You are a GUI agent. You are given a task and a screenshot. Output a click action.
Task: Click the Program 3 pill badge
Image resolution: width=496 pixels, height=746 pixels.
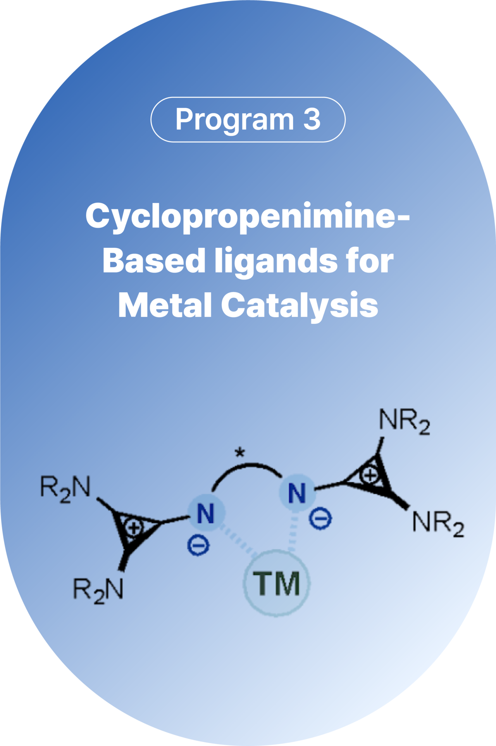[248, 119]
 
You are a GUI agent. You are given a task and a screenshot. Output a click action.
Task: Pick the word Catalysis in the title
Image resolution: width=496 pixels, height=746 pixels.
[299, 306]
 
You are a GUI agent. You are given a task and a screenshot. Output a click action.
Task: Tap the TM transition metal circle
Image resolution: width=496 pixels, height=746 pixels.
[277, 583]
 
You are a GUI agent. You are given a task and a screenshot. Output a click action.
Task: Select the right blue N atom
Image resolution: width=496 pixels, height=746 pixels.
[297, 493]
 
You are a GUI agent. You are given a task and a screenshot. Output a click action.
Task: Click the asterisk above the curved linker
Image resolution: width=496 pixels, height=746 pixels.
[240, 452]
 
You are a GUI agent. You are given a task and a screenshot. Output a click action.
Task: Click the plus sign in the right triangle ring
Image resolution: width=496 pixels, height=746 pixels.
[370, 475]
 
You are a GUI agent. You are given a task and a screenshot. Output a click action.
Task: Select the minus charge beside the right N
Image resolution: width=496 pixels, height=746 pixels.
[320, 518]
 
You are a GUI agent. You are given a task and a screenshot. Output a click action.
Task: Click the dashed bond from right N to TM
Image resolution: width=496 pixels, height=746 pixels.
[293, 531]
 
